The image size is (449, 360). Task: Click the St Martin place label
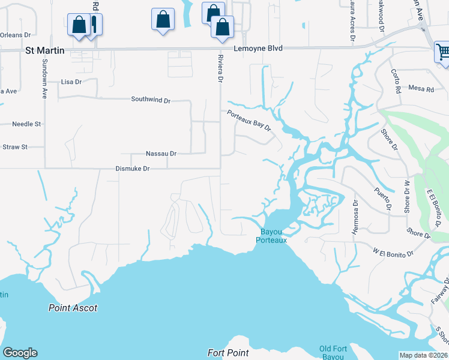coord(44,51)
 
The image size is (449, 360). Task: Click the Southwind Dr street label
coord(151,100)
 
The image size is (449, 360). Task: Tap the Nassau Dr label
coord(161,154)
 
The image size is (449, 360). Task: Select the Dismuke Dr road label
coord(132,169)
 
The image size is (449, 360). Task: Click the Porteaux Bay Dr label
coord(249,119)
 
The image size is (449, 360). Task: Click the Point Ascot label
coord(73,308)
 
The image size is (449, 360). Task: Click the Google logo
coord(20,353)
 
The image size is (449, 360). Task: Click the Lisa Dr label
coord(71,82)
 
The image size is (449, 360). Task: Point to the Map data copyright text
coord(423,355)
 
